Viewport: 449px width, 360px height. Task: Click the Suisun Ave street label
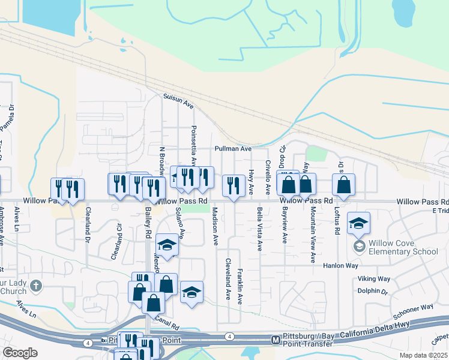pos(178,100)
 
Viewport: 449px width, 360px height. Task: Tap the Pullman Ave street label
pos(234,148)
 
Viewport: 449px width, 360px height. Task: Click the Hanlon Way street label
pos(340,265)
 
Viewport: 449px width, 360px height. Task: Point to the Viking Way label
pos(374,278)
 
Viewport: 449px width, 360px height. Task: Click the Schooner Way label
pos(413,311)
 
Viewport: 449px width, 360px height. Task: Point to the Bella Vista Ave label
pos(259,229)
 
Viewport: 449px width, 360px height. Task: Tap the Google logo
pos(20,353)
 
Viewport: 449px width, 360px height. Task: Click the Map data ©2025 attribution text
pos(423,355)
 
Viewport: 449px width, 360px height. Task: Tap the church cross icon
pos(36,286)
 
